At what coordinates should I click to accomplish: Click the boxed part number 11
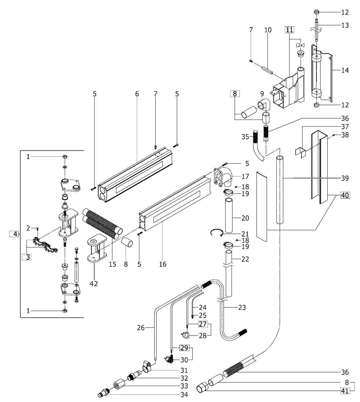coord(289,30)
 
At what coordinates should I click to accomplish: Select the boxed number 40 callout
coord(345,195)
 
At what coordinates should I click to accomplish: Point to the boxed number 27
coord(203,324)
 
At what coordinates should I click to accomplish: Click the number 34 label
coord(184,395)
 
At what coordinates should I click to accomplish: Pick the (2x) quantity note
coord(300,45)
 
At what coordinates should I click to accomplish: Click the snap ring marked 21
coord(217,233)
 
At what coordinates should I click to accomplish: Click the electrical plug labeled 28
coord(185,335)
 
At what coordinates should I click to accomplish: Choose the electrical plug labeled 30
coord(169,359)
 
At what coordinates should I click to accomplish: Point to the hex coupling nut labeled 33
coord(119,386)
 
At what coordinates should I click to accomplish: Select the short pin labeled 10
coord(267,70)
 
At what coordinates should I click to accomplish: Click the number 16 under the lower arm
coord(163,264)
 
